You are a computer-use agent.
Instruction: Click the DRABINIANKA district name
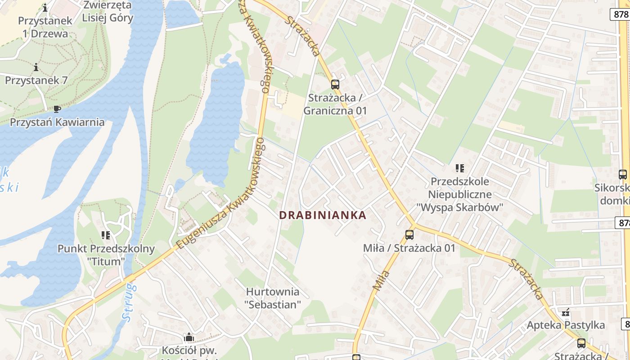coord(323,215)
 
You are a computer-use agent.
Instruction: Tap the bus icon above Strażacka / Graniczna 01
coord(335,84)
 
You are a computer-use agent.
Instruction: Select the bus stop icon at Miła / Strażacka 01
coord(409,234)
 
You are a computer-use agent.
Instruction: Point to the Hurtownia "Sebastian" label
coord(273,298)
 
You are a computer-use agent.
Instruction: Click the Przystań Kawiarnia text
coord(57,122)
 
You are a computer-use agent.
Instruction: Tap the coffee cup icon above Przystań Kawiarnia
coord(57,108)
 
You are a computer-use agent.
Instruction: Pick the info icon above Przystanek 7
coord(36,67)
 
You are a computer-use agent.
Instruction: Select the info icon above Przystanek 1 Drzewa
coord(45,8)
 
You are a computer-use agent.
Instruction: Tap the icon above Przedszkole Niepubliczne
coord(459,168)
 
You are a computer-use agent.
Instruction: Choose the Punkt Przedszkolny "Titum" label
coord(106,255)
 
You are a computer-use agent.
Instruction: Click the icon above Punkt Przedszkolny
coord(106,235)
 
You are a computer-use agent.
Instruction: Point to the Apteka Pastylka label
coord(566,325)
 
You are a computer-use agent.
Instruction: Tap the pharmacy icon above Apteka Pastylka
coord(566,311)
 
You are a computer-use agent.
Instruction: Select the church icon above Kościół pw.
coord(189,337)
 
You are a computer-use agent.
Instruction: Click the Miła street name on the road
coord(382,280)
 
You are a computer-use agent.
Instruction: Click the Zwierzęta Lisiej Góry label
coord(108,12)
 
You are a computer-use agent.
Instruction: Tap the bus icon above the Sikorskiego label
coord(622,175)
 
